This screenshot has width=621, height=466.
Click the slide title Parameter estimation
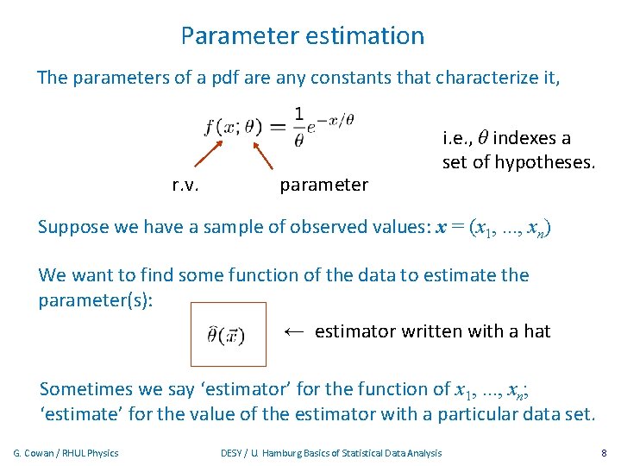coord(303,36)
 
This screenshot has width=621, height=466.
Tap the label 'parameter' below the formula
coord(324,185)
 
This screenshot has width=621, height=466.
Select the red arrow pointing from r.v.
coord(208,152)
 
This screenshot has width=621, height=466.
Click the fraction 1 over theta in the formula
coord(298,126)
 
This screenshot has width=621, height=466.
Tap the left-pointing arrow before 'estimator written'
coord(294,331)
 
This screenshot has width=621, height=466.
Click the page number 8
coord(604,453)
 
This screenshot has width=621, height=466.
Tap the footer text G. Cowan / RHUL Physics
coord(66,453)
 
